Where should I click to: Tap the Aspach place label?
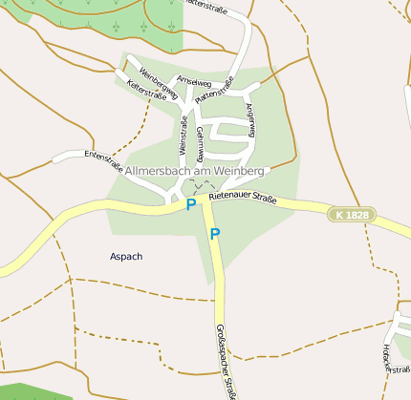(126, 257)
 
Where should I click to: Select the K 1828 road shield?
(352, 216)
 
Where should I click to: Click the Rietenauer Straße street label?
(242, 198)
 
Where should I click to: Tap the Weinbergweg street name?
(159, 84)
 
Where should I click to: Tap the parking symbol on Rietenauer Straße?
(191, 204)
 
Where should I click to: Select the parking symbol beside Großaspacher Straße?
(215, 234)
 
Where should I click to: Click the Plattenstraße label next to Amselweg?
(214, 90)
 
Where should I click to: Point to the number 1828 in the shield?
(357, 216)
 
